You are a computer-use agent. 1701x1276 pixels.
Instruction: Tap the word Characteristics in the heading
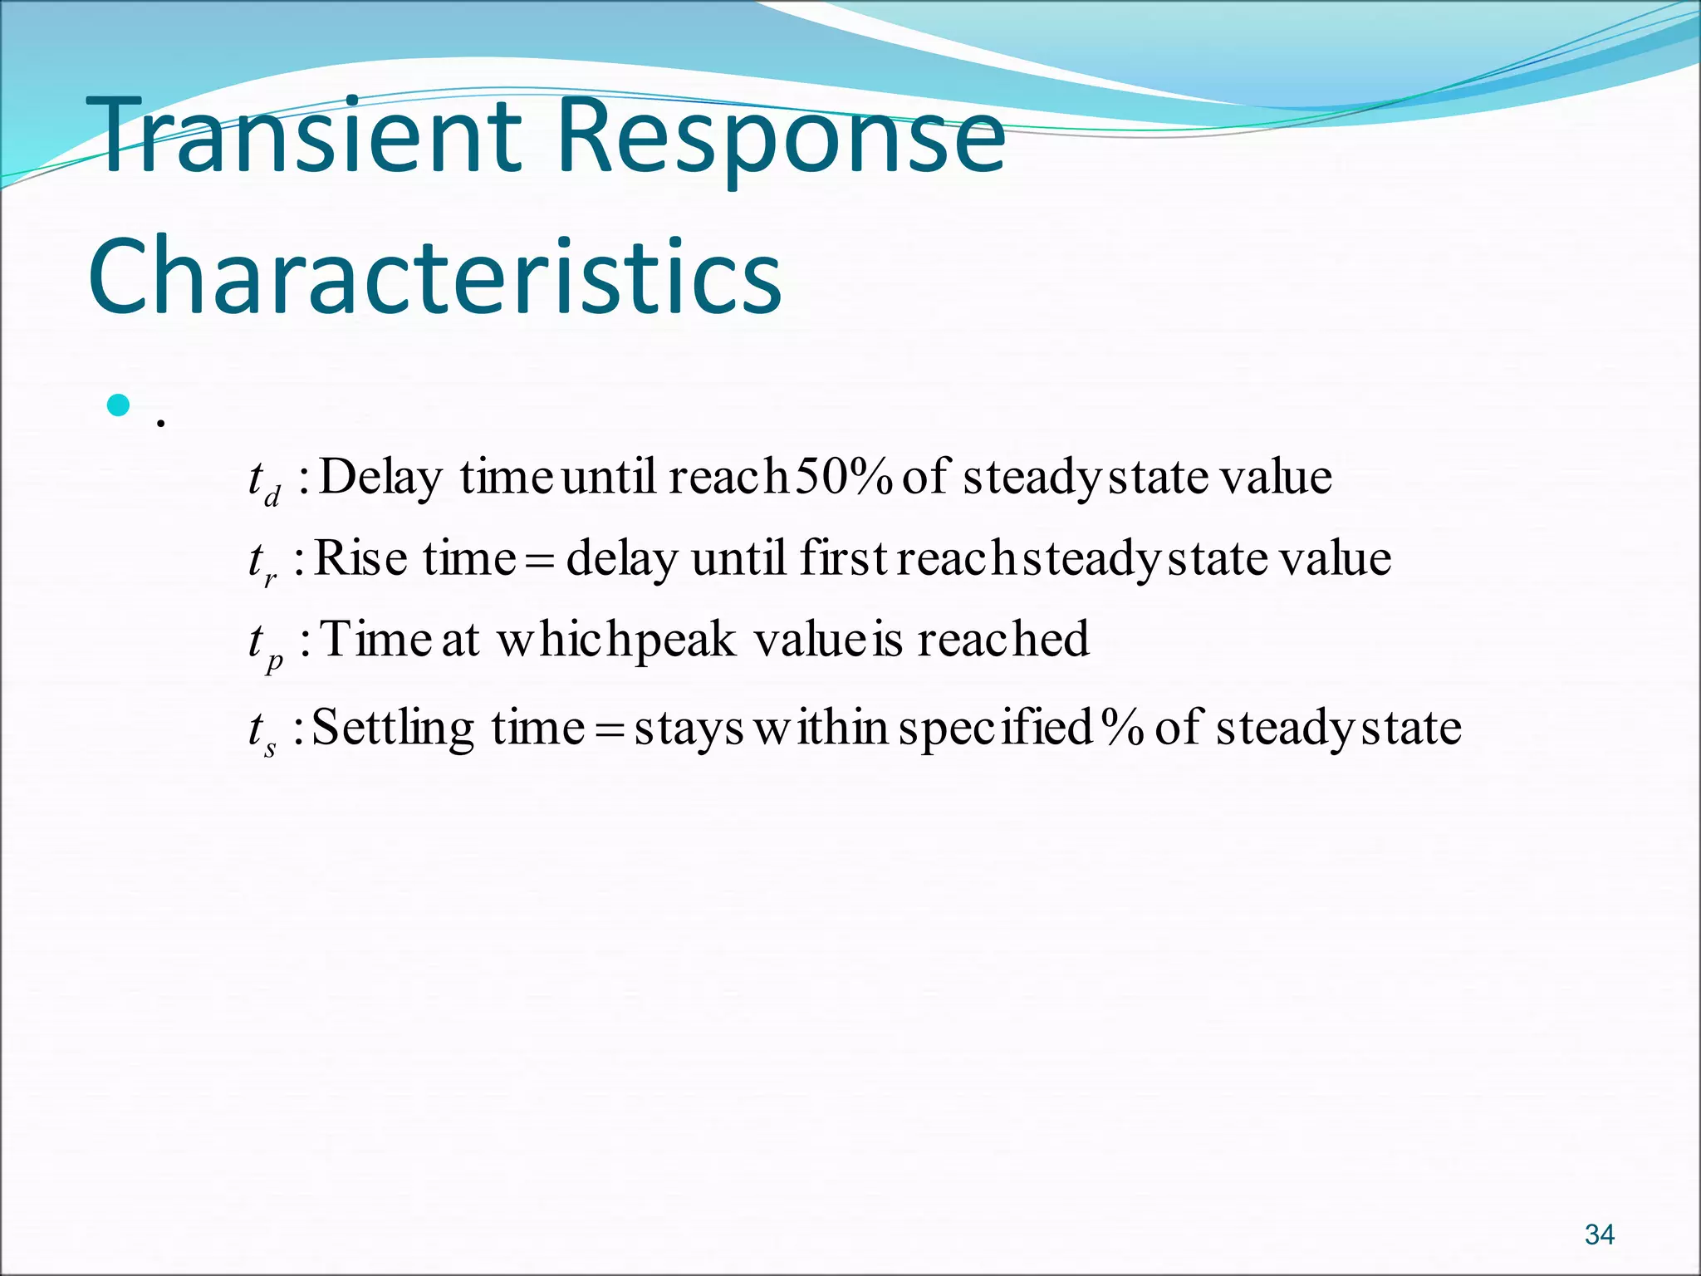click(x=434, y=277)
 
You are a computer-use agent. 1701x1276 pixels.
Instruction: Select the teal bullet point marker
click(x=119, y=406)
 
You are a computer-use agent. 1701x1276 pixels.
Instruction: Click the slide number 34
click(x=1599, y=1234)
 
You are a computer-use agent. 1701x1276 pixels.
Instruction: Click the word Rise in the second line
click(x=360, y=557)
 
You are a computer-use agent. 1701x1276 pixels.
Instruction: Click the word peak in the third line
click(x=674, y=640)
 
